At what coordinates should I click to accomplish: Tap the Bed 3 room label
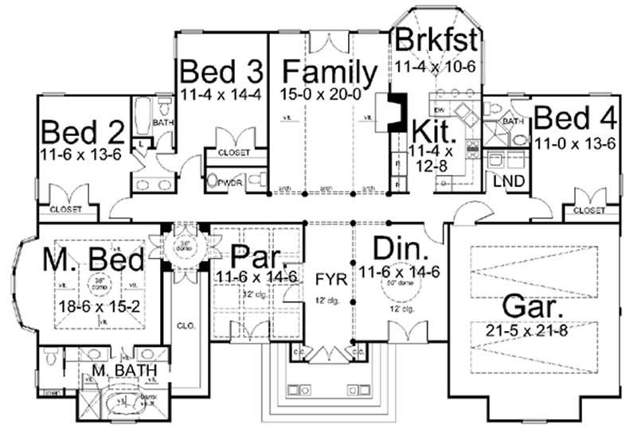221,72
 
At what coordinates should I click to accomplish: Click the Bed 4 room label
575,119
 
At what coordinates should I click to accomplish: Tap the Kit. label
433,130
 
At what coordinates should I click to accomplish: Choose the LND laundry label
508,181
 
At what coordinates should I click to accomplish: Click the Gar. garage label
530,306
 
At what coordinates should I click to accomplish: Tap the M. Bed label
93,259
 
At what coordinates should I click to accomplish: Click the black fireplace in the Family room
393,112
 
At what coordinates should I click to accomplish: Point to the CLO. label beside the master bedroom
185,325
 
